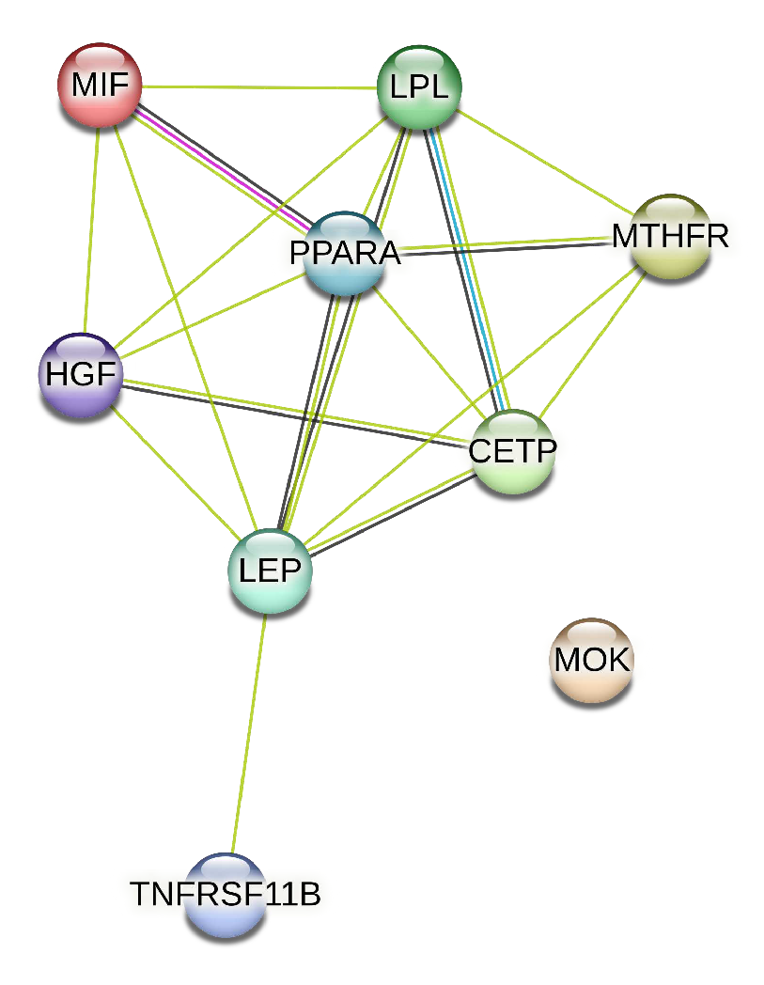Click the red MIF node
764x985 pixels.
point(99,86)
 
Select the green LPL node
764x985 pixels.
point(419,87)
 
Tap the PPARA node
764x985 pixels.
point(345,252)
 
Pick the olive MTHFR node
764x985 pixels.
point(669,236)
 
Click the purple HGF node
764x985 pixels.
point(81,375)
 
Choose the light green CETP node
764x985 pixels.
point(512,451)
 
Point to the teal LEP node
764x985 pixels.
point(270,571)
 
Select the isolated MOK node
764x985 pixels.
point(591,660)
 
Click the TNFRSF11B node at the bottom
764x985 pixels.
point(226,894)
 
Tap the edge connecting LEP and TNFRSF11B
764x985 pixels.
point(248,733)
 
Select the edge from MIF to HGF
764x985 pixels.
point(91,230)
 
